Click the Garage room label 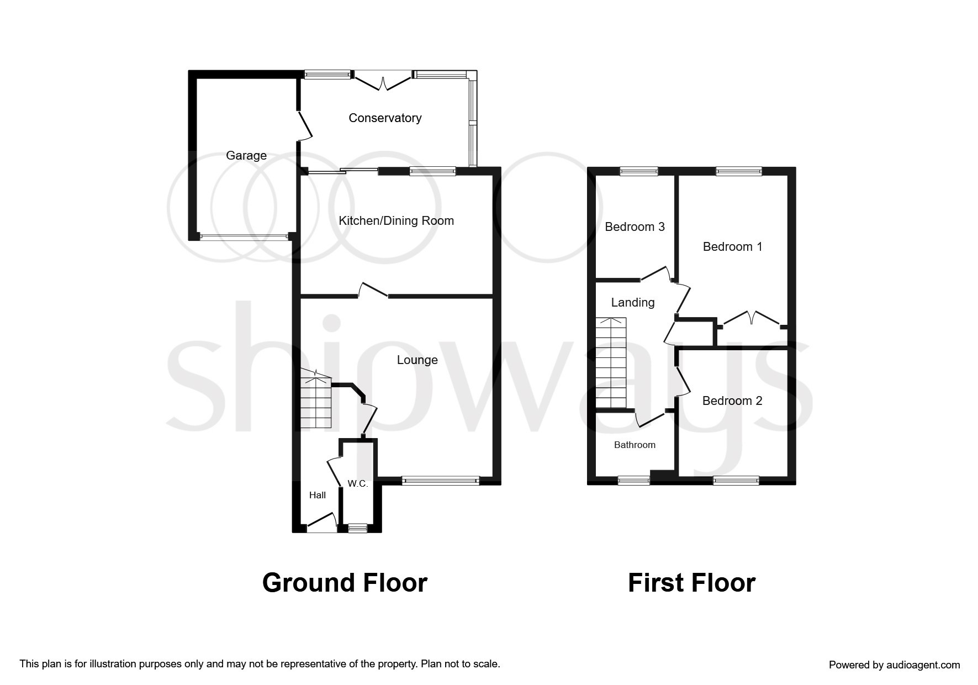[x=246, y=156]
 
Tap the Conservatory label [x=385, y=118]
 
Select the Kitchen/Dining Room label [x=396, y=221]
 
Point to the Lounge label [x=417, y=360]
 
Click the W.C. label [x=357, y=484]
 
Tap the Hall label [x=317, y=495]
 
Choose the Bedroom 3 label [x=635, y=227]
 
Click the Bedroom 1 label [x=732, y=247]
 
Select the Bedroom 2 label [x=732, y=401]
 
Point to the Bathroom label [x=635, y=445]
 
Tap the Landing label [x=632, y=303]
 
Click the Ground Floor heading [x=345, y=583]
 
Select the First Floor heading [x=691, y=583]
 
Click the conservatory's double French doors [x=382, y=81]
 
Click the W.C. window [x=357, y=529]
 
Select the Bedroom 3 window [x=638, y=171]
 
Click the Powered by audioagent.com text [x=894, y=665]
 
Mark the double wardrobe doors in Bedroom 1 [x=750, y=320]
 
